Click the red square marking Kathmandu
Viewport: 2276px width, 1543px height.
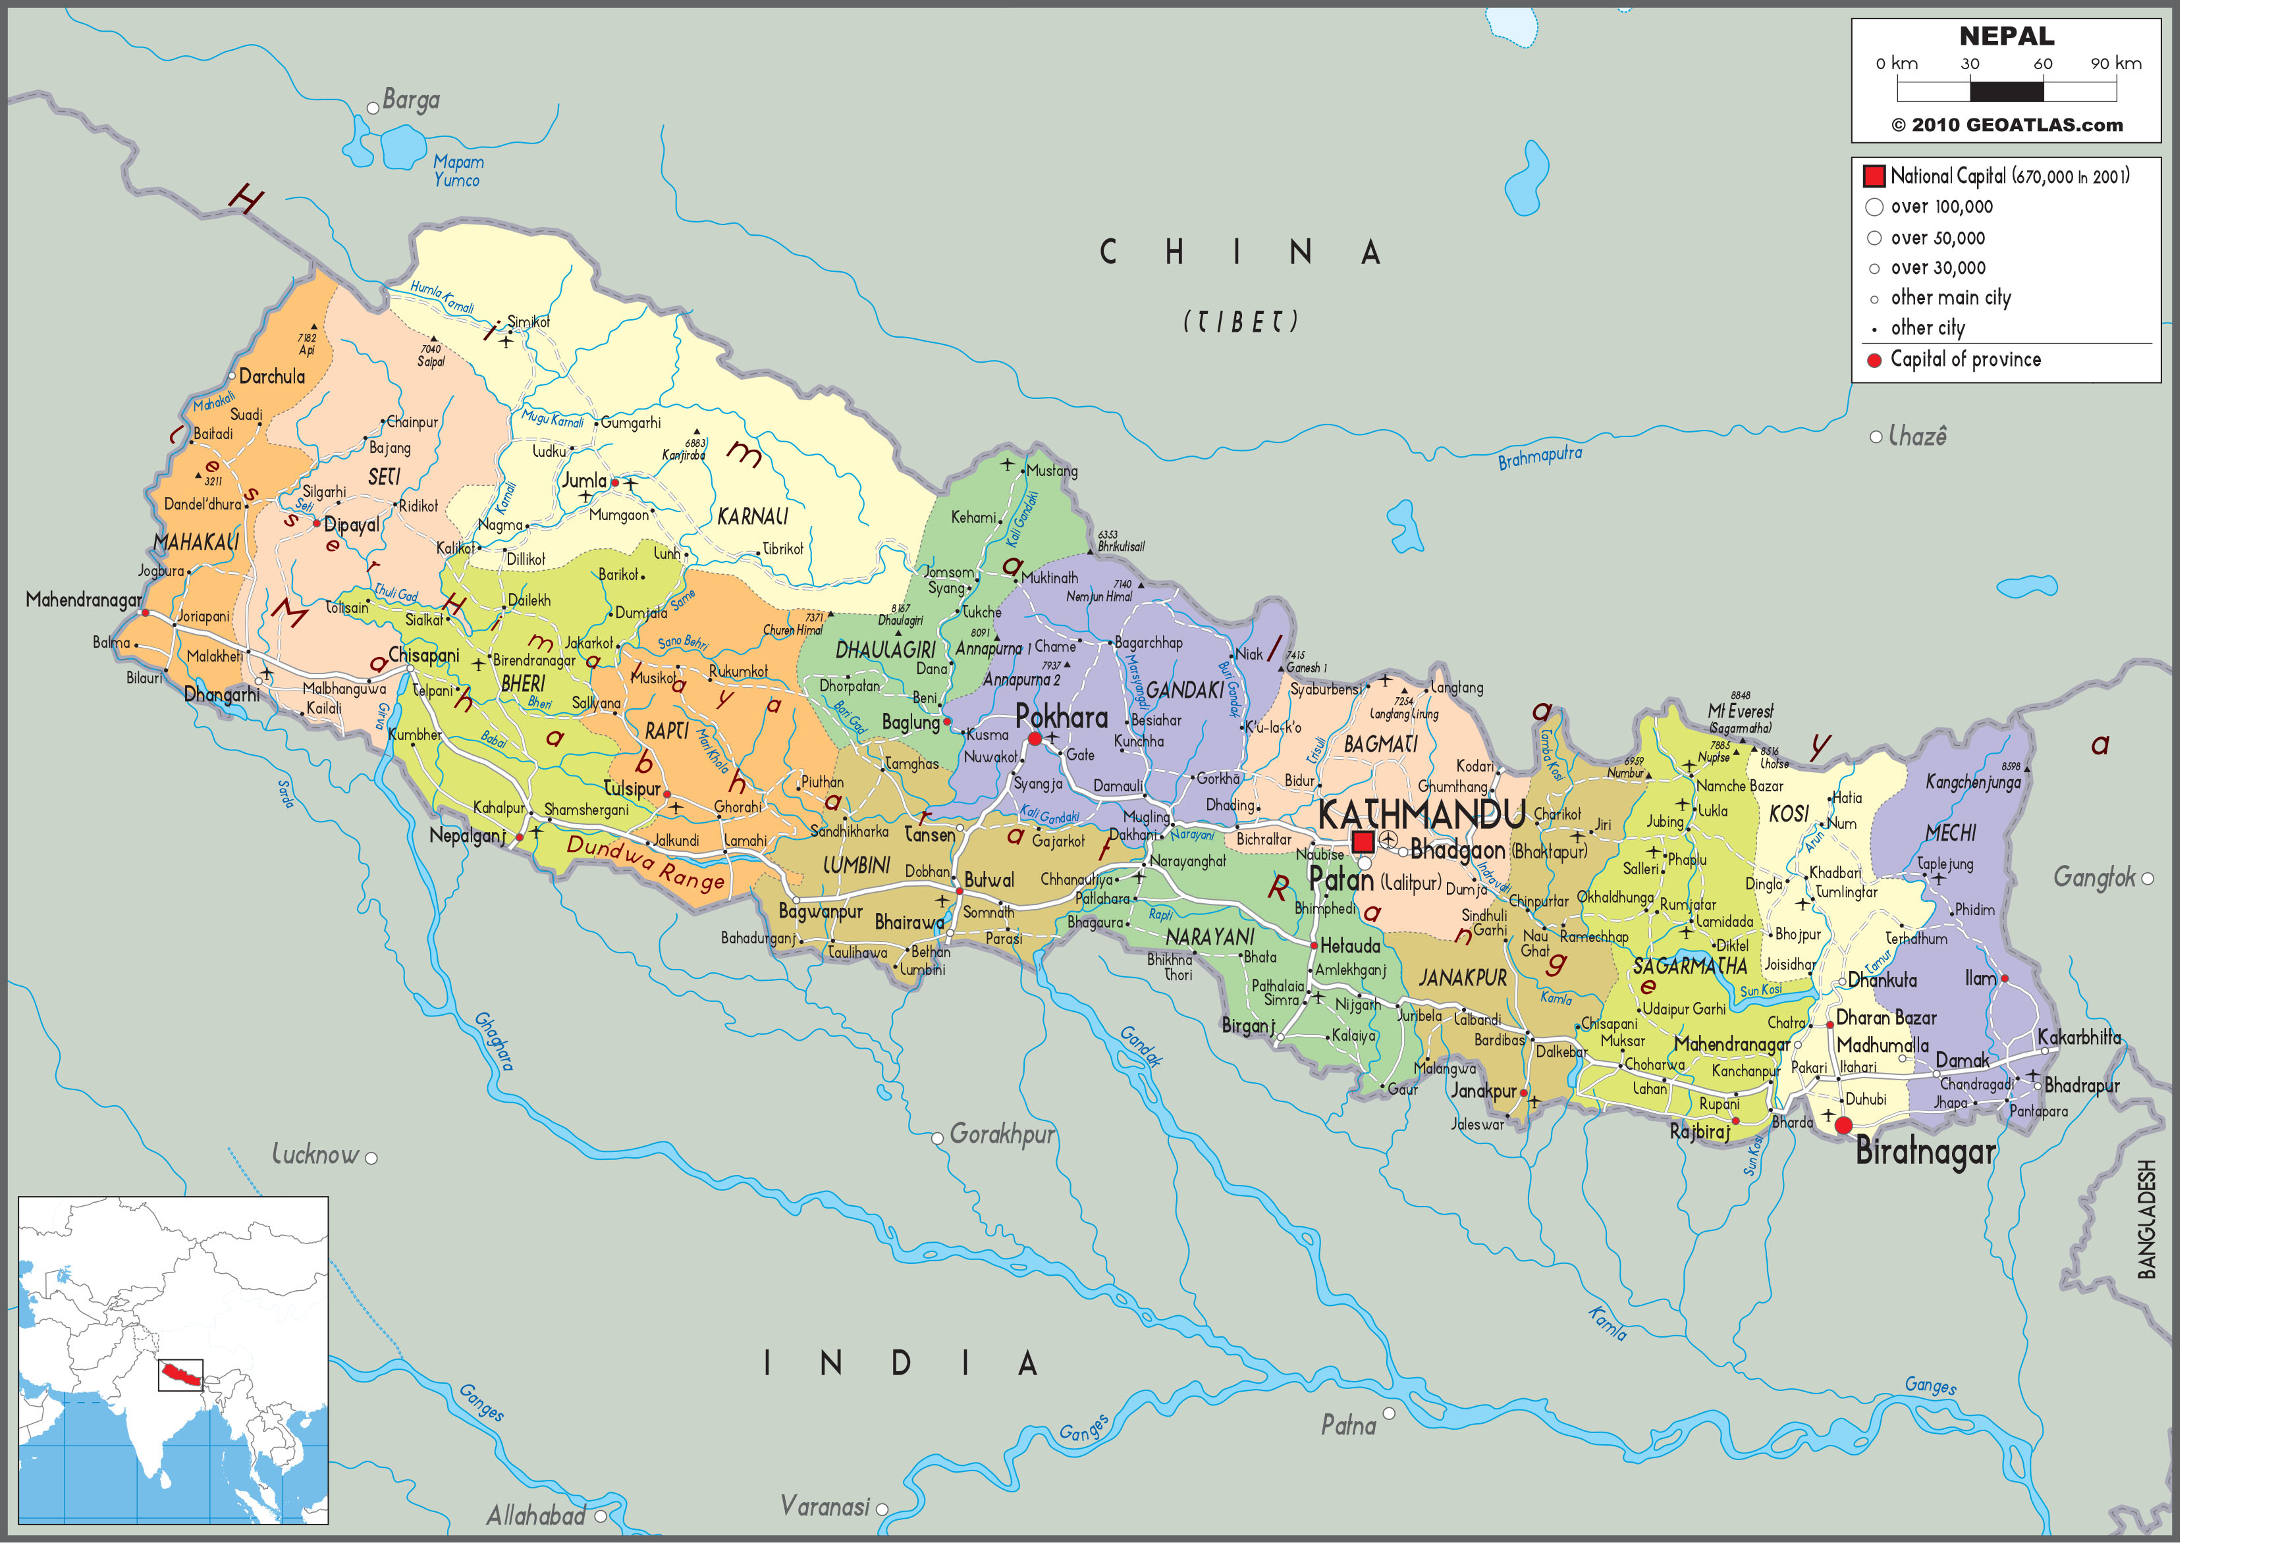point(1363,842)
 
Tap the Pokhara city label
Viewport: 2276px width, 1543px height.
point(1062,718)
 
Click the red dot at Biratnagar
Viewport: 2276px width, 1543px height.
point(1843,1125)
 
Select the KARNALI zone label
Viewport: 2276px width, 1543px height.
point(752,516)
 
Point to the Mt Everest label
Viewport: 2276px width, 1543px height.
point(1741,712)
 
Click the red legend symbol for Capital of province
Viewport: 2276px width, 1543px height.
point(1874,360)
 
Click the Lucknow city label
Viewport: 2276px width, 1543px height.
point(315,1155)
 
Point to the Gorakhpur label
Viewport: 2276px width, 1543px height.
point(1002,1135)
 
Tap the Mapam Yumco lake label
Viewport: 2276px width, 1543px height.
point(457,170)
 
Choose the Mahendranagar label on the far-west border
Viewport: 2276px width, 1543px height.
point(83,599)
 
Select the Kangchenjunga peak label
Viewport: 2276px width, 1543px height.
point(1972,782)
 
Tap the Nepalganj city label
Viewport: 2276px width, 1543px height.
point(467,835)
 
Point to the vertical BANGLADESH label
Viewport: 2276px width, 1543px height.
point(2147,1219)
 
